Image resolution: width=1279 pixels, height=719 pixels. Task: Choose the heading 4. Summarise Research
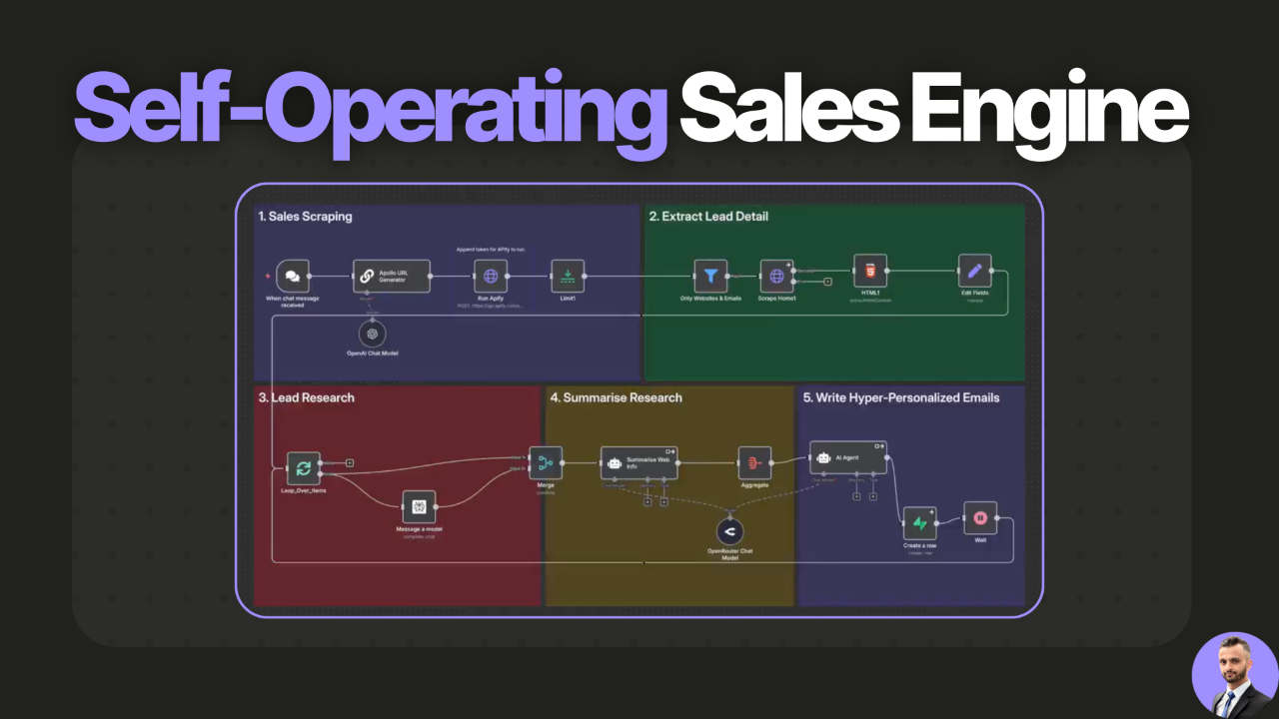[x=616, y=397]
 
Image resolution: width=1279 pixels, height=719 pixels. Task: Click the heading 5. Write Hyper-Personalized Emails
[x=907, y=397]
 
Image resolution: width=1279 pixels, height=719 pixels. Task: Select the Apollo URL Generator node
[x=392, y=277]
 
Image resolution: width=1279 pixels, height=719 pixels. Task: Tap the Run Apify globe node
[x=491, y=277]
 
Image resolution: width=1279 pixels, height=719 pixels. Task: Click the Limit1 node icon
[x=568, y=277]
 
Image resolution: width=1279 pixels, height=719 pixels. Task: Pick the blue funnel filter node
[x=710, y=277]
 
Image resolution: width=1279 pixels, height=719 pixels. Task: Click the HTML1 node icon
[x=869, y=271]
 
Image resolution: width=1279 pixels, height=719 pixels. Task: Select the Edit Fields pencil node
[x=974, y=271]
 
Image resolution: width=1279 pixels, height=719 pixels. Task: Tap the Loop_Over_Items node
[x=303, y=467]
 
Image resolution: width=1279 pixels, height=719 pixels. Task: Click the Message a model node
[x=419, y=507]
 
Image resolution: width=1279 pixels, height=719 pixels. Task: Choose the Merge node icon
[x=545, y=462]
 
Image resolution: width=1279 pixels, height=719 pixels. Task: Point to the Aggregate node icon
[x=754, y=462]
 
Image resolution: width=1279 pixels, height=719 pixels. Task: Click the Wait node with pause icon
[x=980, y=517]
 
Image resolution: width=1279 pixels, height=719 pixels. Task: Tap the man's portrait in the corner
[x=1235, y=676]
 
